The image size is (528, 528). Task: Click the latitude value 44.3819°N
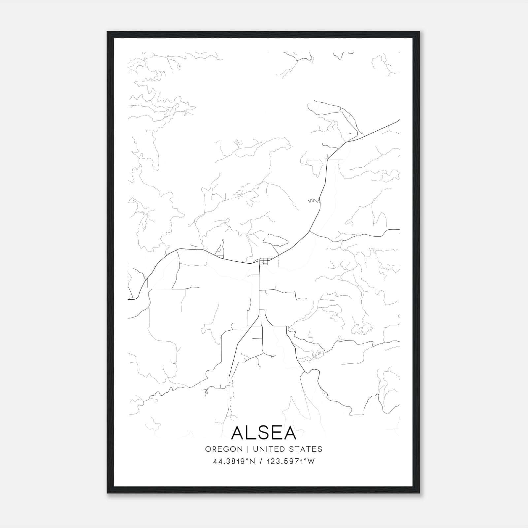click(x=235, y=461)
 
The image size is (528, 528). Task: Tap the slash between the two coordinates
click(x=261, y=461)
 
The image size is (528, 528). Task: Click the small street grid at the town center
click(x=265, y=261)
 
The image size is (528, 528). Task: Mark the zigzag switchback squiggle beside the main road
click(x=313, y=200)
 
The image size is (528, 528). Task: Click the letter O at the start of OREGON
click(x=208, y=449)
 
